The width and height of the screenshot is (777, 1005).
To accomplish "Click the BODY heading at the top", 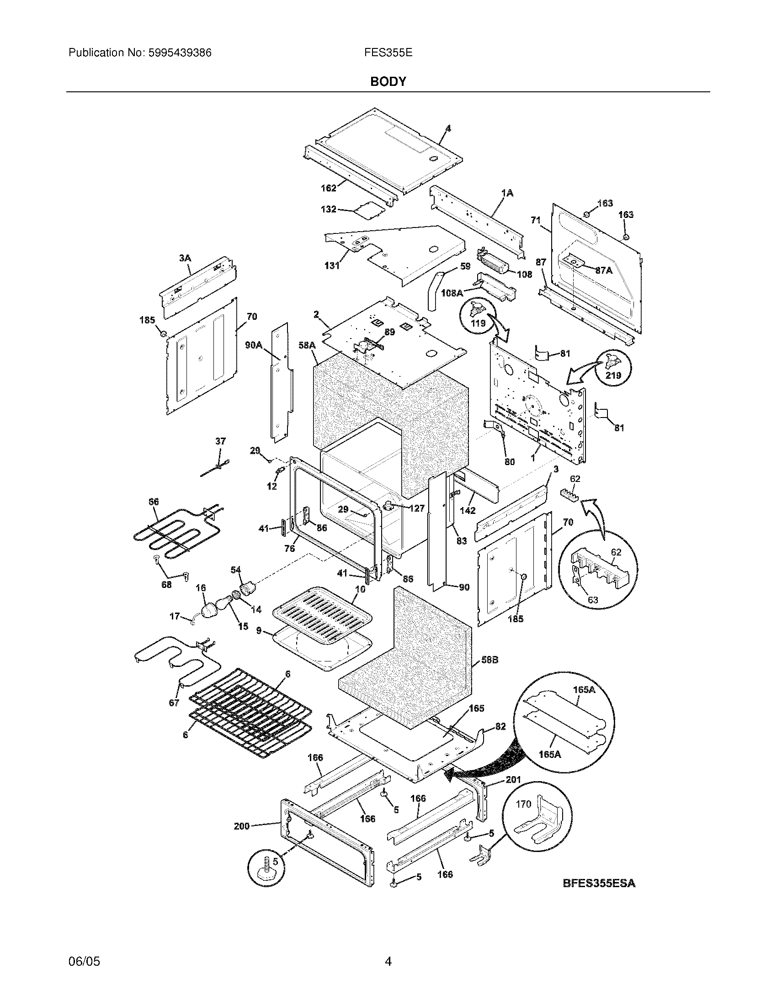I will point(388,81).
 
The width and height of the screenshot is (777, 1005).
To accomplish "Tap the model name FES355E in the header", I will point(388,53).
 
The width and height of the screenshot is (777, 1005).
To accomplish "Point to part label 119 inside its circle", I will point(478,323).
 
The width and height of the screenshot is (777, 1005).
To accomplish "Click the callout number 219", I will point(613,375).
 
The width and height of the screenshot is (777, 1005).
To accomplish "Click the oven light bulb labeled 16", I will point(209,609).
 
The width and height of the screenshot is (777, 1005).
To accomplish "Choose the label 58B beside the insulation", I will point(490,660).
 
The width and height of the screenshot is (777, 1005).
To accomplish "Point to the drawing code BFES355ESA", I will point(599,883).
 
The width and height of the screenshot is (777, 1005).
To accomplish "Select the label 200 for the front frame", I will point(241,826).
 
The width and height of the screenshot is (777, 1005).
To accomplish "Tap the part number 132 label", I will point(328,209).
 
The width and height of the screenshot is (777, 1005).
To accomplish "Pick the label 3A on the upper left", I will point(185,259).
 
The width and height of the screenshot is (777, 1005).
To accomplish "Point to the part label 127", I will point(416,508).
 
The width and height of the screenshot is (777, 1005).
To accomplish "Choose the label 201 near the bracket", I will point(513,779).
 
